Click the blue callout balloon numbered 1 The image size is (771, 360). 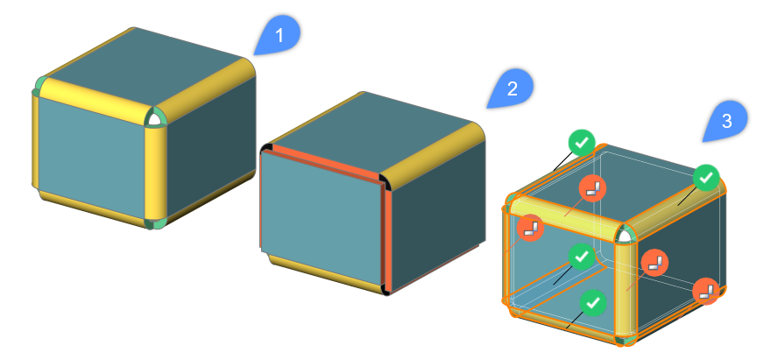[x=279, y=35]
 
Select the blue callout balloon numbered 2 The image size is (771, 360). [x=512, y=89]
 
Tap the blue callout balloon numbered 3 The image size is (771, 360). [x=726, y=122]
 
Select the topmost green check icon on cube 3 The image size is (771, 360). [x=582, y=143]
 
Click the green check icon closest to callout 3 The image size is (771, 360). [x=706, y=178]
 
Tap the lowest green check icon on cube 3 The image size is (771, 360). [x=593, y=302]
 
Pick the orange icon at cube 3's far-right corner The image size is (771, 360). [x=706, y=291]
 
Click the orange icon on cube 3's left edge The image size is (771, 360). [x=530, y=228]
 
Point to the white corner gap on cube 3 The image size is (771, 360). [x=625, y=237]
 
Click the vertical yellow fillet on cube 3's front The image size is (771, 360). [x=626, y=290]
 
